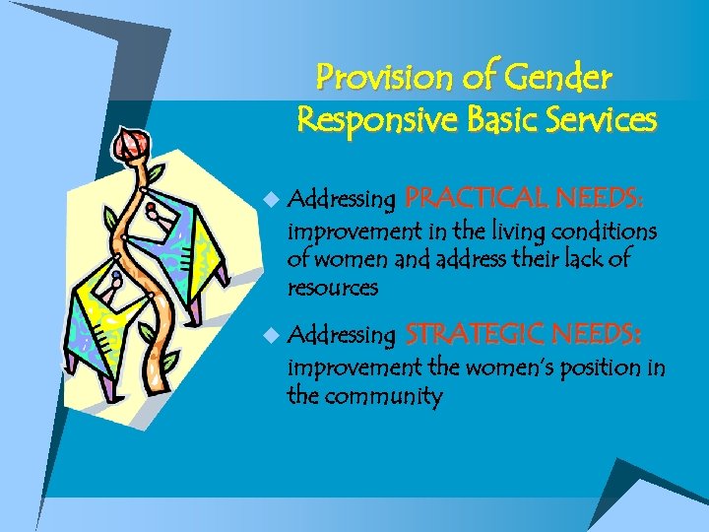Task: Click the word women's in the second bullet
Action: (x=499, y=368)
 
